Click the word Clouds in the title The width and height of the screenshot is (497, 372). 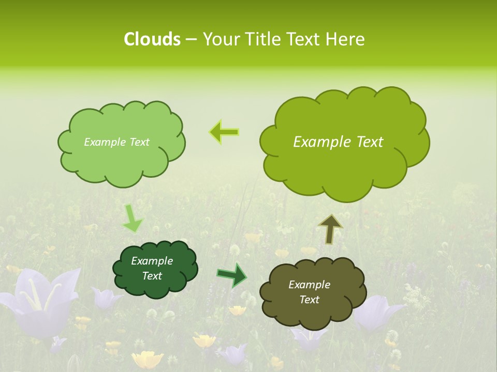(x=152, y=39)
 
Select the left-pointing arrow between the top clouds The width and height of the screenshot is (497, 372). (x=224, y=132)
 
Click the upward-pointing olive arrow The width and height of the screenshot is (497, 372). (x=330, y=228)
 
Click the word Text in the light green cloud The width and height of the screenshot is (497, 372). (x=139, y=142)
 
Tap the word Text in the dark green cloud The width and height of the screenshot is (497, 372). (x=152, y=276)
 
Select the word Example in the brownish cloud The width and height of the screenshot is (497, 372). (x=309, y=285)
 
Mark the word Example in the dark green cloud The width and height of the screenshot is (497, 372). (x=152, y=261)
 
